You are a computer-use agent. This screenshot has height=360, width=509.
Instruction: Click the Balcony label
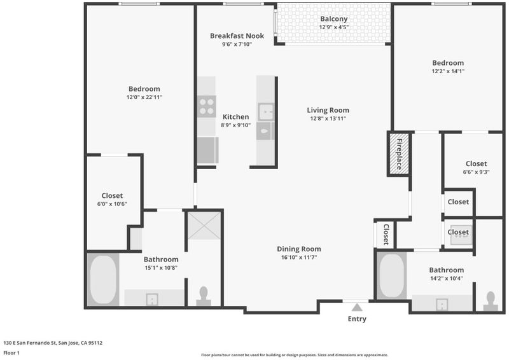point(333,19)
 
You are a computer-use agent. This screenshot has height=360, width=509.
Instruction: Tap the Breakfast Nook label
point(237,36)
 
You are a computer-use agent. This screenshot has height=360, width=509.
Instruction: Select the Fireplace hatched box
point(399,153)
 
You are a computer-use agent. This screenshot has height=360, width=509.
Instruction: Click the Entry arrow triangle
point(357,307)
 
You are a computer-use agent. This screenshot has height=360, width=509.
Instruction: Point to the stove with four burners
point(207,106)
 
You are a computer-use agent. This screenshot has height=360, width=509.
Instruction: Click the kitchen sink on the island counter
point(266,112)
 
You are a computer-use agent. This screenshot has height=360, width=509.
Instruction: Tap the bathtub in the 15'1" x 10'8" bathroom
point(103,279)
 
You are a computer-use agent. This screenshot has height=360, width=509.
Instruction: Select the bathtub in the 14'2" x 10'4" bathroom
point(392,275)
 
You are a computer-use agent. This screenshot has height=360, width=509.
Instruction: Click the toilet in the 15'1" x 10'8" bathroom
point(204,296)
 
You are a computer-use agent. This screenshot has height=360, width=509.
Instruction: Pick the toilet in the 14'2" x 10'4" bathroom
point(491,301)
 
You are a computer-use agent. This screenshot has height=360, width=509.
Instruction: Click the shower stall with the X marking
point(204,226)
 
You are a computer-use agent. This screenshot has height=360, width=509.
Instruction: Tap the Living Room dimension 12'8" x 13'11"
point(328,118)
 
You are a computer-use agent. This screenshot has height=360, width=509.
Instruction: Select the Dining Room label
point(299,249)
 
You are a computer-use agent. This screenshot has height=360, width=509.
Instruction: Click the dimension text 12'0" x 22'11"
point(144,97)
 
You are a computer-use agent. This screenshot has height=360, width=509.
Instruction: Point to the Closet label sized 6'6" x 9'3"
point(476,164)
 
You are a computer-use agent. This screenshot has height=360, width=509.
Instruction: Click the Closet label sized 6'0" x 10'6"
point(112,196)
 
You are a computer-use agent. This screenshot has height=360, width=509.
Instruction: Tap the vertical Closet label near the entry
point(386,234)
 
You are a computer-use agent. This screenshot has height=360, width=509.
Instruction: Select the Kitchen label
point(235,117)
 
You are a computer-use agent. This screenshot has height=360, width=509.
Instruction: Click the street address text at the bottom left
point(53,343)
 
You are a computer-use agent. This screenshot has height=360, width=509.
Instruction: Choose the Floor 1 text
point(11,353)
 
